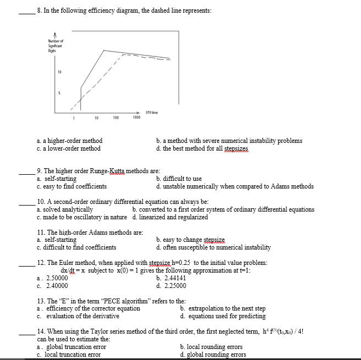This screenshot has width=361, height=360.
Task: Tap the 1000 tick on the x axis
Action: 136,118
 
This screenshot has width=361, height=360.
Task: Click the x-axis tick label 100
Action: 116,118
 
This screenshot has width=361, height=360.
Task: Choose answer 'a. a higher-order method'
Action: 69,141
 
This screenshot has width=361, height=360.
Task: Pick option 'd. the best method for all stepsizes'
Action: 202,148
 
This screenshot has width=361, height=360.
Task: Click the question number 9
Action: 39,171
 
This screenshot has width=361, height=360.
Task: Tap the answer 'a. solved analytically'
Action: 64,209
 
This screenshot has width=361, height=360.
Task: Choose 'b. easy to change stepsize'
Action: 190,240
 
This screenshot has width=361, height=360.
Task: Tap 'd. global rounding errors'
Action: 213,355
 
